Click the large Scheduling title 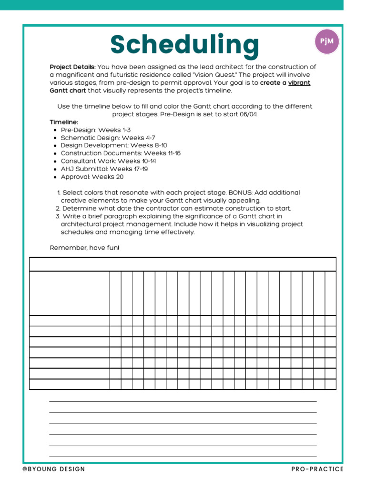click(184, 45)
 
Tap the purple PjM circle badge click(326, 41)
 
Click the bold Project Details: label click(72, 67)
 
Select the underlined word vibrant click(299, 82)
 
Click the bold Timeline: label click(64, 122)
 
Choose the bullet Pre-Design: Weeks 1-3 click(95, 130)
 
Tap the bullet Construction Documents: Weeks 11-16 click(121, 153)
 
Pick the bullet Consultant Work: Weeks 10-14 click(108, 161)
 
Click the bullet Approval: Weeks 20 click(92, 177)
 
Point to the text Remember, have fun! click(84, 248)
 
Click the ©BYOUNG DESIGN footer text click(54, 469)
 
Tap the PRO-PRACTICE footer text click(317, 469)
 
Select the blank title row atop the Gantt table click(183, 264)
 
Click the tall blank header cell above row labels click(70, 293)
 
